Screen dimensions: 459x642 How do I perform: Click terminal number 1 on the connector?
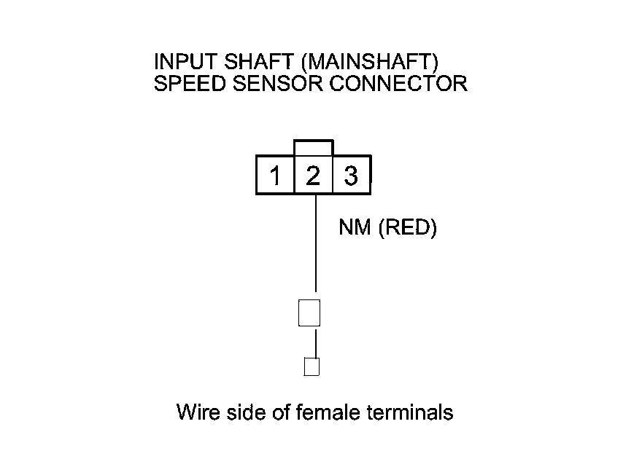point(275,176)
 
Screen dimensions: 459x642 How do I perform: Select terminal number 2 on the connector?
point(313,176)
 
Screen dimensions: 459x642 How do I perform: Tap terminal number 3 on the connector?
point(351,176)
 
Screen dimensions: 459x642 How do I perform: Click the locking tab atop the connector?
point(314,148)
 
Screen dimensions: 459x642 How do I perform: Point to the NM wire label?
point(355,228)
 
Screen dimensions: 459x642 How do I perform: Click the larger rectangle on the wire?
point(309,313)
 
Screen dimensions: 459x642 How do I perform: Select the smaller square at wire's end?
point(312,366)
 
